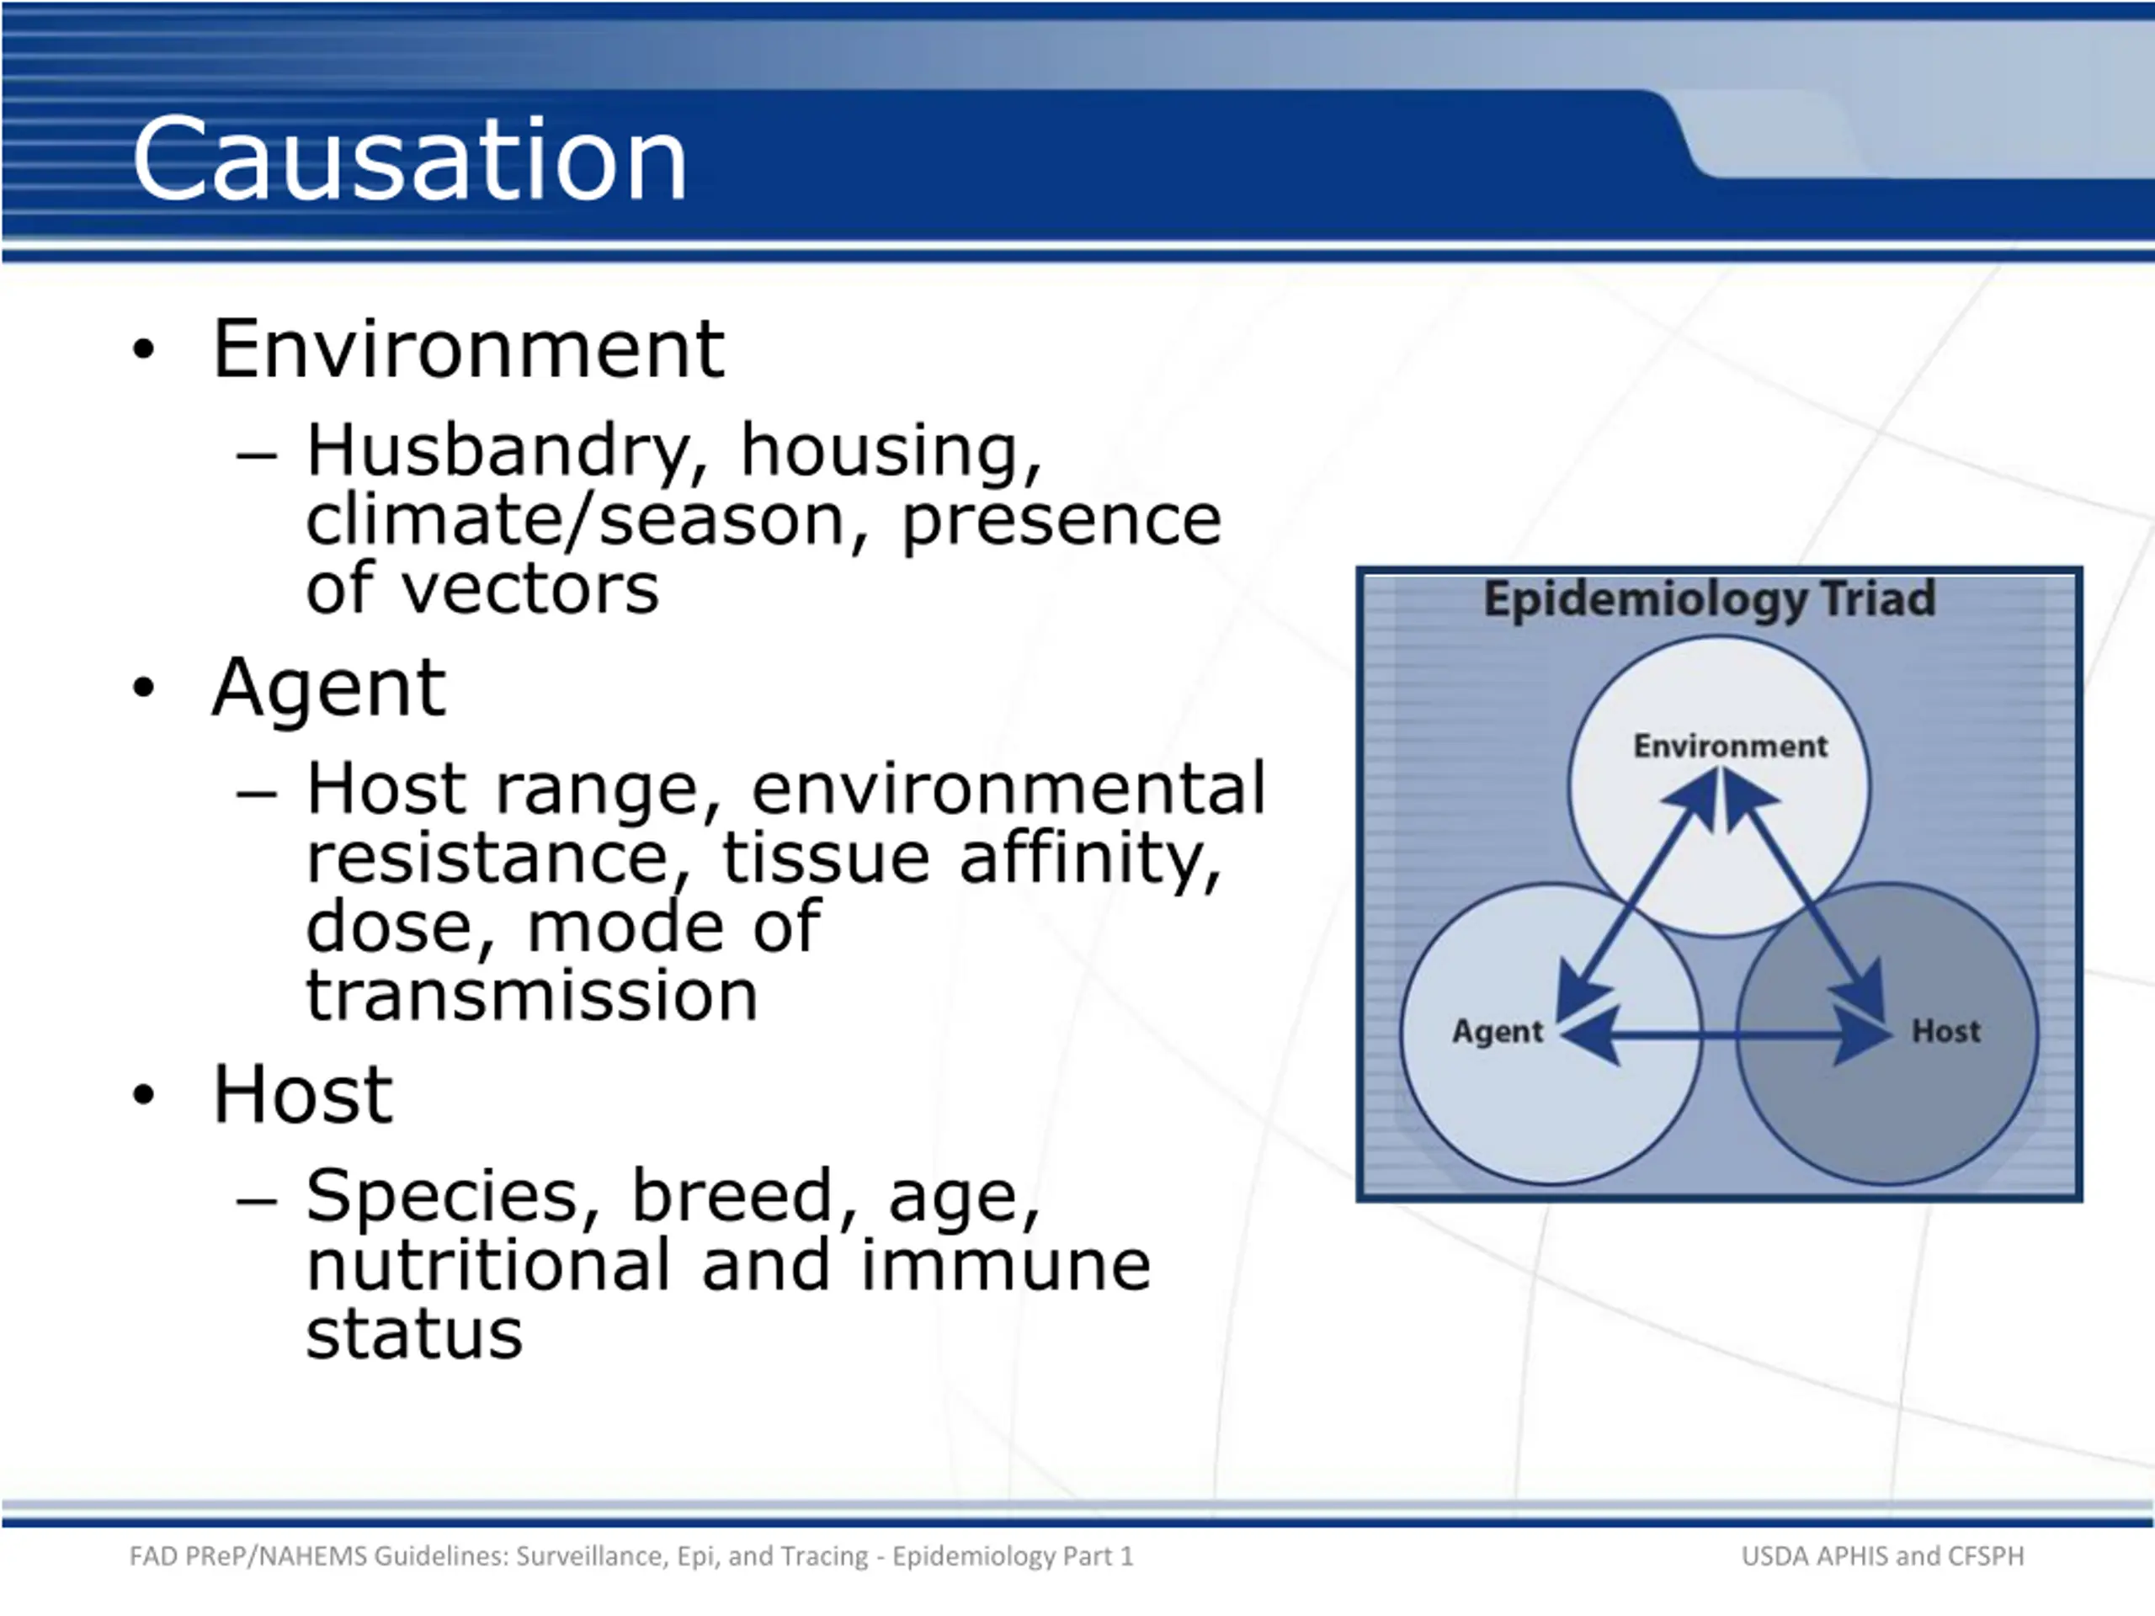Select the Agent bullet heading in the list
click(x=329, y=689)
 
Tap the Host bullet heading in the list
click(x=303, y=1093)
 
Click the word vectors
click(x=531, y=589)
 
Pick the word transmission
click(x=532, y=995)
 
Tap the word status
click(x=414, y=1332)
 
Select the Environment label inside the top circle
click(x=1730, y=747)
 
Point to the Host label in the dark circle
click(x=1945, y=1030)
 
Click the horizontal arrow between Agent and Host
click(x=1726, y=1035)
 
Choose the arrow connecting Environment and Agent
click(x=1637, y=894)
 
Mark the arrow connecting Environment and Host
click(x=1806, y=894)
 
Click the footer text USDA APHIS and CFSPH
click(x=1882, y=1556)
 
